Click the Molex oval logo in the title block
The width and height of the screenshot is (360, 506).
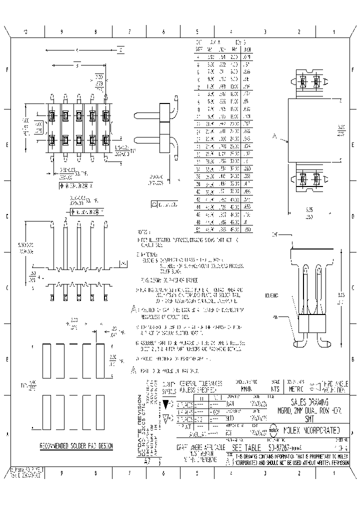click(x=274, y=429)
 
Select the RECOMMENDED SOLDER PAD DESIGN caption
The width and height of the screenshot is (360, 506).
click(x=76, y=446)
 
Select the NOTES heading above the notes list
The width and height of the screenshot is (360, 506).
click(x=144, y=232)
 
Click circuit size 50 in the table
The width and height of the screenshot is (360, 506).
click(x=198, y=229)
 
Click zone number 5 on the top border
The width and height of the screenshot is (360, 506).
click(x=197, y=31)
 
